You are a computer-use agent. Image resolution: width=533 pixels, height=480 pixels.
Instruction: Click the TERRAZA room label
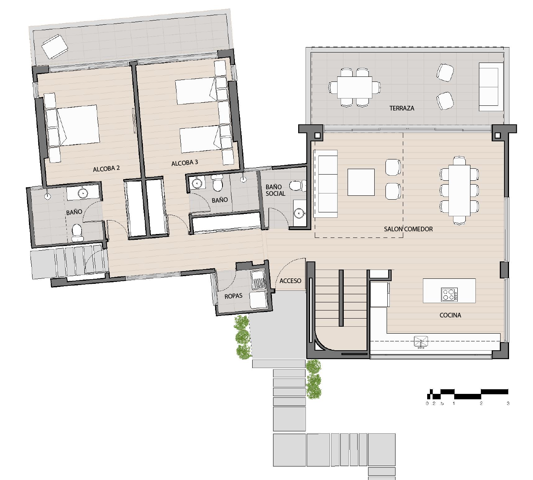pyautogui.click(x=401, y=108)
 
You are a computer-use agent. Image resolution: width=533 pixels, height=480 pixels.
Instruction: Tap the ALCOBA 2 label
pyautogui.click(x=106, y=168)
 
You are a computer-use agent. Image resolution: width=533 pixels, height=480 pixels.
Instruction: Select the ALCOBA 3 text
pyautogui.click(x=185, y=163)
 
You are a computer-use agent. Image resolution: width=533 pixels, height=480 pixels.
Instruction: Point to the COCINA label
pyautogui.click(x=450, y=315)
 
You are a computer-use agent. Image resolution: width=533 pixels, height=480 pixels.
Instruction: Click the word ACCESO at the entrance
pyautogui.click(x=290, y=281)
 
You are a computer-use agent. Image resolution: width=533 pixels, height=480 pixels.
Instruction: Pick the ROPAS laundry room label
pyautogui.click(x=233, y=296)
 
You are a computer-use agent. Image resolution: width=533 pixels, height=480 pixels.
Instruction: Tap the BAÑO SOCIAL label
pyautogui.click(x=275, y=190)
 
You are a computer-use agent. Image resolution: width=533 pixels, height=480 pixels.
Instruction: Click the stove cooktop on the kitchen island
pyautogui.click(x=449, y=295)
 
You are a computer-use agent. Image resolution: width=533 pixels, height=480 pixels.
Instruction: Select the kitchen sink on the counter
pyautogui.click(x=421, y=341)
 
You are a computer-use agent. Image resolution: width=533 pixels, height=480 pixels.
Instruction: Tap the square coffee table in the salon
pyautogui.click(x=361, y=182)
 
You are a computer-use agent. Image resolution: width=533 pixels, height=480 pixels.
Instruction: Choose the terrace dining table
pyautogui.click(x=355, y=87)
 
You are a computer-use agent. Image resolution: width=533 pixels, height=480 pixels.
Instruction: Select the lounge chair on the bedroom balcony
pyautogui.click(x=55, y=46)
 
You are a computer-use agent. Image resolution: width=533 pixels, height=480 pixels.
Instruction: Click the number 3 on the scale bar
pyautogui.click(x=508, y=403)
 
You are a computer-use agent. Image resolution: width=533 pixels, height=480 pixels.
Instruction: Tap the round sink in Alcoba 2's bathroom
pyautogui.click(x=83, y=193)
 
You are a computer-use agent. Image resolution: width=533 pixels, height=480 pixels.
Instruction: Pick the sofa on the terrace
pyautogui.click(x=491, y=87)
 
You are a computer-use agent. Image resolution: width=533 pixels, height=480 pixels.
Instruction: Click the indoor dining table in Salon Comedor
pyautogui.click(x=459, y=190)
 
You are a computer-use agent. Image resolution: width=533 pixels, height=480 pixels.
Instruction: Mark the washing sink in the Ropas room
pyautogui.click(x=257, y=280)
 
